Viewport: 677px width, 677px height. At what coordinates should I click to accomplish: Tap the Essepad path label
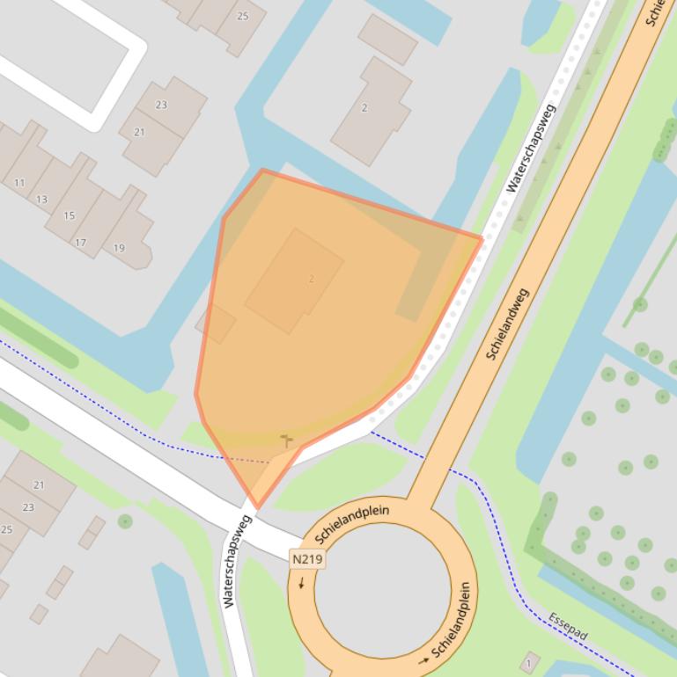click(x=566, y=624)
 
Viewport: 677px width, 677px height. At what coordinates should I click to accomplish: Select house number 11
click(x=19, y=183)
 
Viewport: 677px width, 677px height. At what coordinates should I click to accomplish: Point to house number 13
click(x=41, y=200)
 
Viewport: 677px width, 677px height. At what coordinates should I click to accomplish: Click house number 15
click(x=69, y=215)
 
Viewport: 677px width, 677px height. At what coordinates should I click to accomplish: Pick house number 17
click(x=80, y=243)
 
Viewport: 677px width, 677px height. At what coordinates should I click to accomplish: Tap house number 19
click(x=119, y=248)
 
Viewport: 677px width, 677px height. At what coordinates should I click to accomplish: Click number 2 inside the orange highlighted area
click(x=312, y=279)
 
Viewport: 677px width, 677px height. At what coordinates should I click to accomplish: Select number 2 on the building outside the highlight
click(x=364, y=108)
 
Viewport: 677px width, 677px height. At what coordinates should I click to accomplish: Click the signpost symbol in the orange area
click(x=285, y=439)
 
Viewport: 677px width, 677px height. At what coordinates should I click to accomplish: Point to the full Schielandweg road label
click(x=508, y=323)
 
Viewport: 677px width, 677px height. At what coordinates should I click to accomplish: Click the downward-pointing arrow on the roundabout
click(x=301, y=583)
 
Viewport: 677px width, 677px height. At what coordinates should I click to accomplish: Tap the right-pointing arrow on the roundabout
click(x=424, y=659)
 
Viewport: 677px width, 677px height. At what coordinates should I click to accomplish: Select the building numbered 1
click(x=529, y=662)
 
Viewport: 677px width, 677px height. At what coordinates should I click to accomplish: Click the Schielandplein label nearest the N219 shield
click(x=350, y=522)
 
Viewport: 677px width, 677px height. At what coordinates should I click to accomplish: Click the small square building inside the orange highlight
click(x=216, y=324)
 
